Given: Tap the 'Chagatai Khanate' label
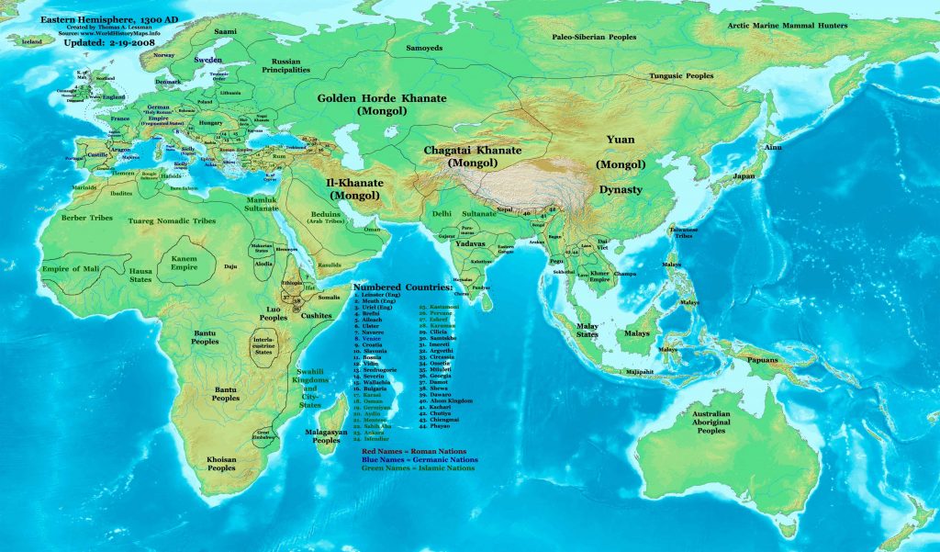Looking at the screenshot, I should (x=472, y=150).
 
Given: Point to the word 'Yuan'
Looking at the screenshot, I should (x=620, y=140).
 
